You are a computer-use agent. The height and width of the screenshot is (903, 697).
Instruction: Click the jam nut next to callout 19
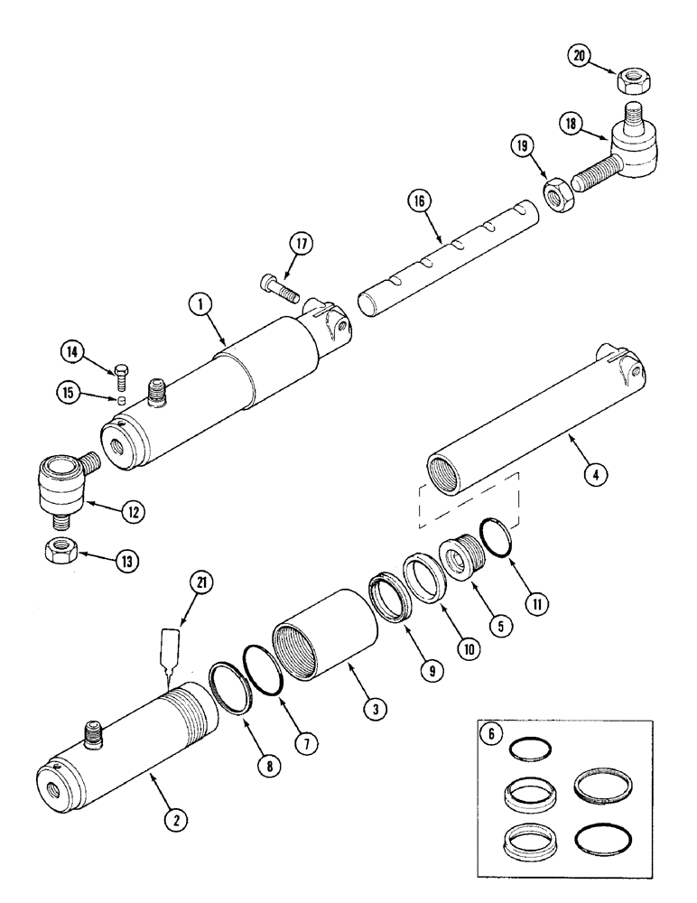point(557,194)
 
